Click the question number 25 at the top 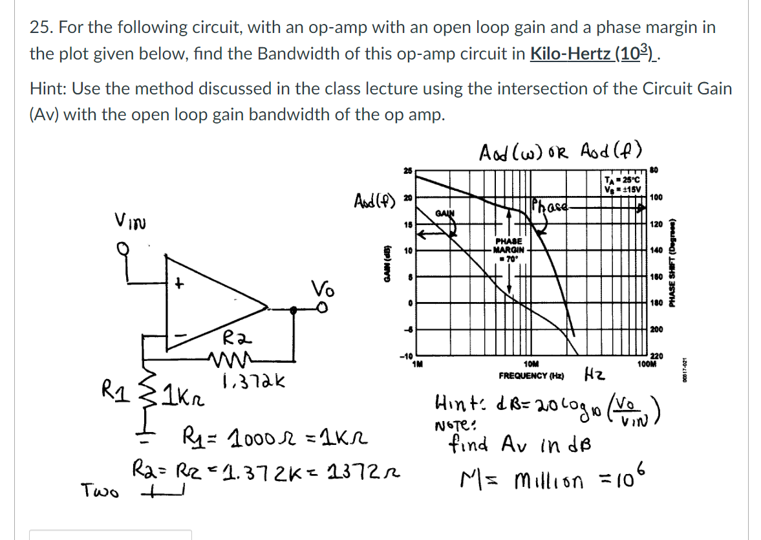[x=40, y=28]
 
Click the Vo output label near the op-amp [x=322, y=287]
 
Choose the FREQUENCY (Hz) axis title [x=531, y=375]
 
